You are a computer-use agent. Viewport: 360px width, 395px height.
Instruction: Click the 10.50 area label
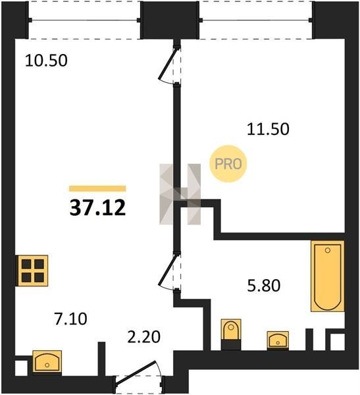46,61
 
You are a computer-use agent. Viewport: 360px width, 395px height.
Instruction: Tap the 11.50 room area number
268,129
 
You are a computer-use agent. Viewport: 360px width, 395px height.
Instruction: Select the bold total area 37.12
97,208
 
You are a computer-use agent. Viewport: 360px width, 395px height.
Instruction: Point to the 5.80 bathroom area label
263,286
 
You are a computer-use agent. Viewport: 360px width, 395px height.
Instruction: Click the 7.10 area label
71,319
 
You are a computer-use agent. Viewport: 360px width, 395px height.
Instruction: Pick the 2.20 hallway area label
143,337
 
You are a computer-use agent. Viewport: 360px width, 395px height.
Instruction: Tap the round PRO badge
228,164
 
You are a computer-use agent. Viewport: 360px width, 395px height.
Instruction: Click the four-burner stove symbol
33,271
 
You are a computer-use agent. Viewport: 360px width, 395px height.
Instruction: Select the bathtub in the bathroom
328,276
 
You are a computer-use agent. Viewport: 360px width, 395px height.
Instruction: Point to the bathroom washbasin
278,340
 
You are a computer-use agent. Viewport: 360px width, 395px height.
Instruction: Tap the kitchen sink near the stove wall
47,361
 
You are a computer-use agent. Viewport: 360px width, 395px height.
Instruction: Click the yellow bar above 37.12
97,188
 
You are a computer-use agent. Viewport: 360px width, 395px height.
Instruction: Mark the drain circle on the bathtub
328,250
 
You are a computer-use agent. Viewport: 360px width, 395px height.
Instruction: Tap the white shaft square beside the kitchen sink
21,368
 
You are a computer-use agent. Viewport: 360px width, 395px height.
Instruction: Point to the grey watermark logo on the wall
180,194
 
